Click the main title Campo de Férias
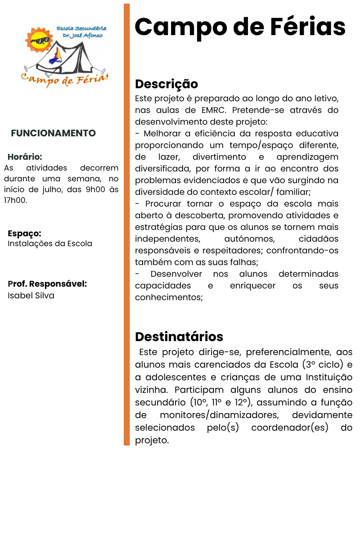point(240,27)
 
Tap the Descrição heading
point(166,84)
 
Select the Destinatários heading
point(179,337)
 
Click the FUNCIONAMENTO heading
point(53,133)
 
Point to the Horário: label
point(25,157)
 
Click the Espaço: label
point(24,234)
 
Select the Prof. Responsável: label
point(47,284)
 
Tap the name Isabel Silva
point(31,296)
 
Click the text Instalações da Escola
point(50,243)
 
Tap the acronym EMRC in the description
point(205,110)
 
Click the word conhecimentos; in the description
point(169,297)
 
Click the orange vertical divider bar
point(126,225)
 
